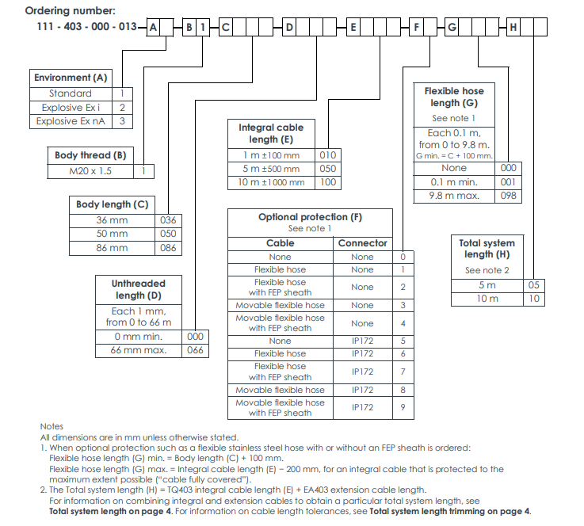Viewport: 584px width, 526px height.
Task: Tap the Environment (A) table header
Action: tap(71, 78)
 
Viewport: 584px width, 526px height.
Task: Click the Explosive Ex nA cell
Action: tap(71, 121)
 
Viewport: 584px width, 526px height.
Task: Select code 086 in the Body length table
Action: tap(168, 248)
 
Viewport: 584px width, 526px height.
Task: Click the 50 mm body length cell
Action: tap(112, 234)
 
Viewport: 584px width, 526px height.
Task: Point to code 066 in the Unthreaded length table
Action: tap(195, 350)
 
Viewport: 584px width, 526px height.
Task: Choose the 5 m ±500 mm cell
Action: tap(272, 169)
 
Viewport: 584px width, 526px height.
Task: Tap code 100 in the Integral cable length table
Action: tap(327, 183)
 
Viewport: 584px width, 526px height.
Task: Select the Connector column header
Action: tap(362, 243)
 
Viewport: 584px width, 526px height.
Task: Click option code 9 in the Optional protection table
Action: tap(403, 407)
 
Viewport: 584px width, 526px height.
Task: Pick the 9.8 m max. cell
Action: tap(454, 196)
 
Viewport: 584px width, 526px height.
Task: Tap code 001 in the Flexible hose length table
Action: tap(509, 182)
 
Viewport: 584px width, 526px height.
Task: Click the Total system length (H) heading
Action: tap(487, 249)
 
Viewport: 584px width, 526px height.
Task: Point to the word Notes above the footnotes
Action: tap(52, 426)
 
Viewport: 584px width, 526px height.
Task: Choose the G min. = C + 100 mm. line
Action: tap(454, 155)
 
